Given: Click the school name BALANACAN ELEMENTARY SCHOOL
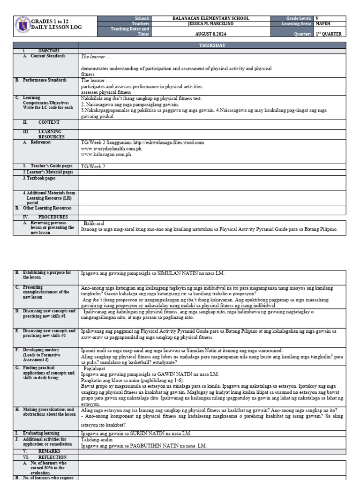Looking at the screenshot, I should [x=210, y=19].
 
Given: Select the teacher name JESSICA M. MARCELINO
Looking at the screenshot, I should [x=210, y=23].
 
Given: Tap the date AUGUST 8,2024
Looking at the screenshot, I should [x=210, y=34].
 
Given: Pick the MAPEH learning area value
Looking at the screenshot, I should [x=323, y=23].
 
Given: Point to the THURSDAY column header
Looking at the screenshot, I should [x=212, y=45].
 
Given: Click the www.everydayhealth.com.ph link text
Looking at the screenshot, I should [x=111, y=148].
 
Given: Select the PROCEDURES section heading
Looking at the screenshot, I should [x=52, y=217].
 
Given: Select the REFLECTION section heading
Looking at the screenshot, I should [x=52, y=457].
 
